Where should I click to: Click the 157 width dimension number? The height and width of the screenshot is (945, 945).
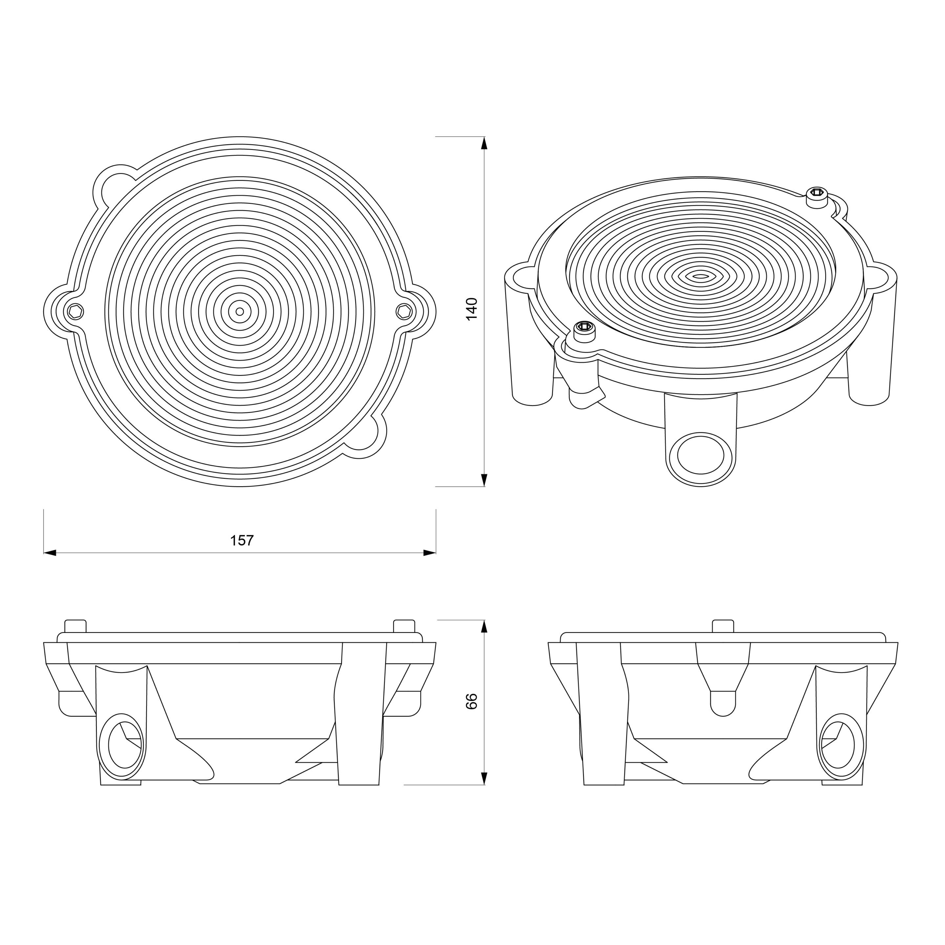(241, 540)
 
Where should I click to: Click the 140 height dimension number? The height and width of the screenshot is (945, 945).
(472, 309)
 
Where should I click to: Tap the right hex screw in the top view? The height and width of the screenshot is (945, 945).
(404, 311)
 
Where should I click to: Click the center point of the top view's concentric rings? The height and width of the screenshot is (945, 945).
(240, 311)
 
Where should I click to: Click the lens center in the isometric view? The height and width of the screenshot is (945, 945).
(701, 276)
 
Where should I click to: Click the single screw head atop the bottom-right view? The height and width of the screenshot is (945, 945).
(723, 626)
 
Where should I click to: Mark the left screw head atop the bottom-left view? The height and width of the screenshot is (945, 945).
(75, 626)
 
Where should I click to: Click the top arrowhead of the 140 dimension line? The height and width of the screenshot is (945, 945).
(484, 142)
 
